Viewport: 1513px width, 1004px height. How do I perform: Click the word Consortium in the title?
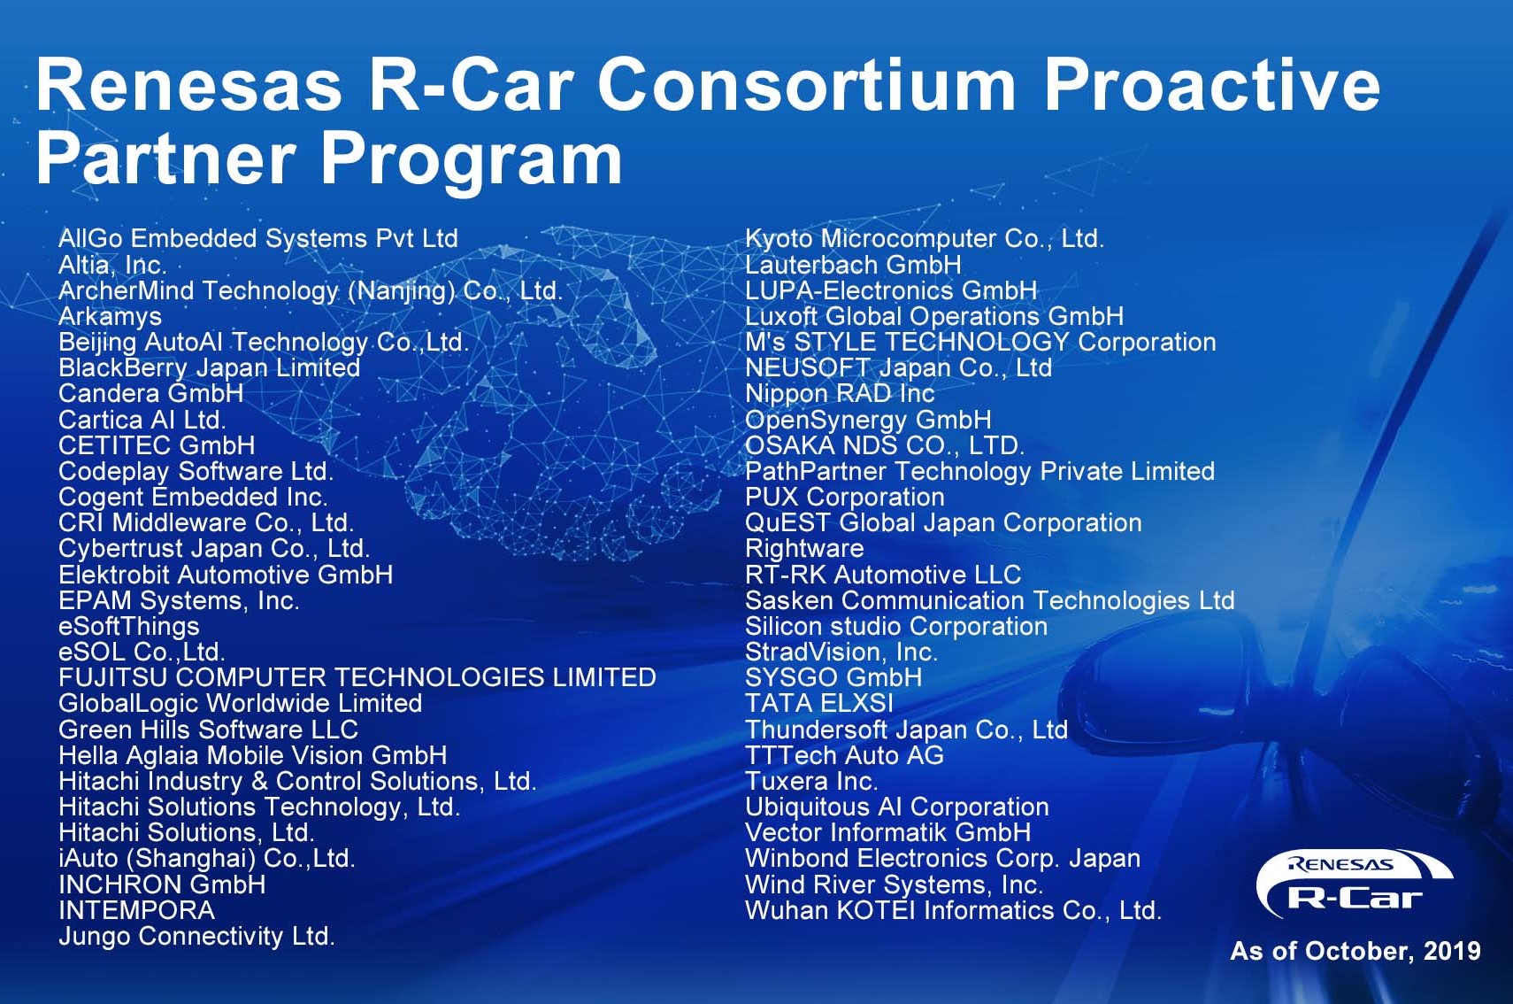coord(806,85)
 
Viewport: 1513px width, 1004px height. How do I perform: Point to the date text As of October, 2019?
coord(1355,952)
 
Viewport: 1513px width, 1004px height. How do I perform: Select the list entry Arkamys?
coord(110,317)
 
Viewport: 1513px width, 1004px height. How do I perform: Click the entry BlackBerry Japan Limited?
coord(210,368)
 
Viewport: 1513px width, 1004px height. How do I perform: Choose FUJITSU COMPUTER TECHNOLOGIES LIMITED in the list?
coord(357,677)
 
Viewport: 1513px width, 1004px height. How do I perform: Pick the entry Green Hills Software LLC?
coord(208,730)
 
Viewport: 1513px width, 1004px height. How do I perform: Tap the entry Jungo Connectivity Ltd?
coord(196,937)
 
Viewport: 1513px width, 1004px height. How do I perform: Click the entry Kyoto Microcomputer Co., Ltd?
coord(925,239)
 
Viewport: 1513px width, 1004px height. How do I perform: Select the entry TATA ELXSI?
coord(818,704)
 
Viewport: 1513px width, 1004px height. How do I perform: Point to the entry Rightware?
coord(803,549)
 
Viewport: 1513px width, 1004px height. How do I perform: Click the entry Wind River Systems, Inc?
coord(895,885)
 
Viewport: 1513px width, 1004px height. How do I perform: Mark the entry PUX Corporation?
coord(844,498)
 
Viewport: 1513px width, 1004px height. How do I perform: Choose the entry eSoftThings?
coord(129,627)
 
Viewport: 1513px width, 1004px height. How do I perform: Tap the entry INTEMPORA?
coord(136,911)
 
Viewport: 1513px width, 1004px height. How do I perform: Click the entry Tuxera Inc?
coord(811,782)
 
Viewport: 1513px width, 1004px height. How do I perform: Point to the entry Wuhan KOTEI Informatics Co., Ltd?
coord(953,911)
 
